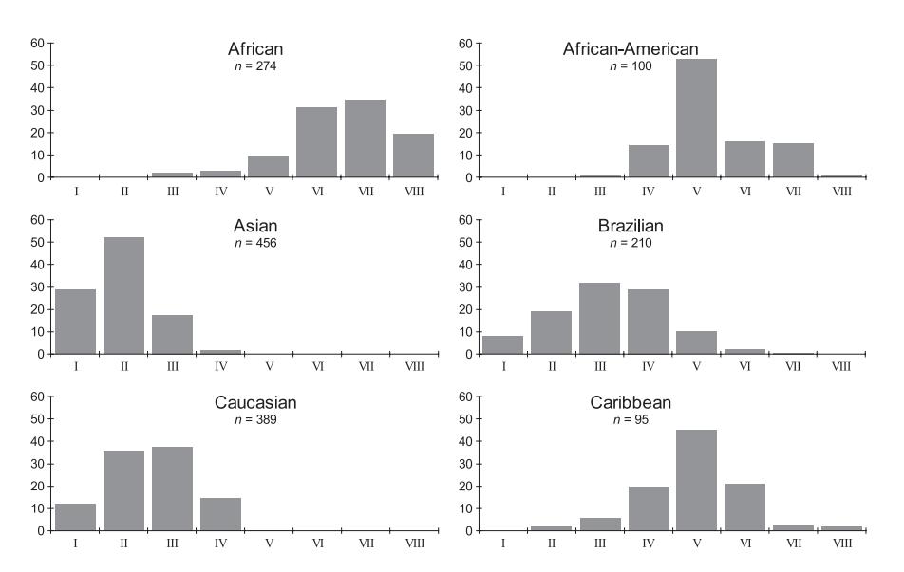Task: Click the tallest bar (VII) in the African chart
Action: tap(365, 138)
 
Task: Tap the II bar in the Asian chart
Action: tap(123, 296)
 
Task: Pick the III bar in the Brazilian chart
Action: tap(599, 319)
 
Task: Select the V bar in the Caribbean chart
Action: tap(696, 481)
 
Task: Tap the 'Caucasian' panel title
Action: tap(255, 403)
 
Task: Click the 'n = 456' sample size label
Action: tap(255, 243)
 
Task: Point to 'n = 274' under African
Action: tap(255, 65)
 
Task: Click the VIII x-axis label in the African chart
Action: tap(413, 191)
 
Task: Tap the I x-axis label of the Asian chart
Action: tap(75, 367)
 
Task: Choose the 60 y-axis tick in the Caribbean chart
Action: tap(465, 397)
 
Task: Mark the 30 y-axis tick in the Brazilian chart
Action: tap(465, 286)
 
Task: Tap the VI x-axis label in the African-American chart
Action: tap(744, 191)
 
